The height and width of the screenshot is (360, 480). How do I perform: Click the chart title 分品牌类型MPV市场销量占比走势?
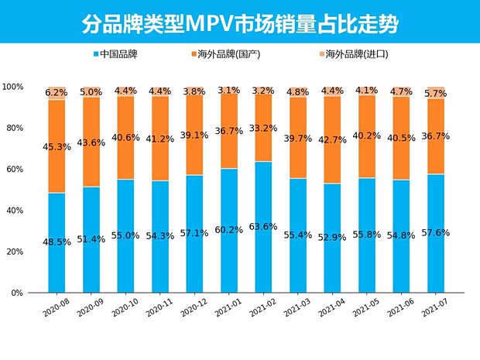coord(240,22)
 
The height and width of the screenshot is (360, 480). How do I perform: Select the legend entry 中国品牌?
coord(120,55)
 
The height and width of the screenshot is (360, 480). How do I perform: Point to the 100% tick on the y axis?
coord(15,87)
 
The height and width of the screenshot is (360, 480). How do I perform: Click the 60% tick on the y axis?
coord(16,170)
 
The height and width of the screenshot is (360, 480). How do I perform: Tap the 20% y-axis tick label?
coord(16,252)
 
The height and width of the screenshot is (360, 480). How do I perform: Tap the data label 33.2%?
coord(262,128)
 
